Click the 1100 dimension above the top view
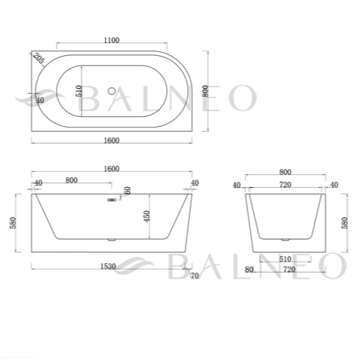(x=112, y=40)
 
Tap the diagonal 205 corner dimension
(x=38, y=59)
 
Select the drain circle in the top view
(x=112, y=91)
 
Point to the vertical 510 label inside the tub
(x=79, y=91)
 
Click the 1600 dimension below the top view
(x=112, y=140)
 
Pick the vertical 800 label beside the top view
(x=205, y=91)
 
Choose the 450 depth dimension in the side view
(x=147, y=216)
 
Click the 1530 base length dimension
(x=108, y=266)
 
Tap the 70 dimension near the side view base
(x=195, y=275)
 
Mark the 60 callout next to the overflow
(x=128, y=190)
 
